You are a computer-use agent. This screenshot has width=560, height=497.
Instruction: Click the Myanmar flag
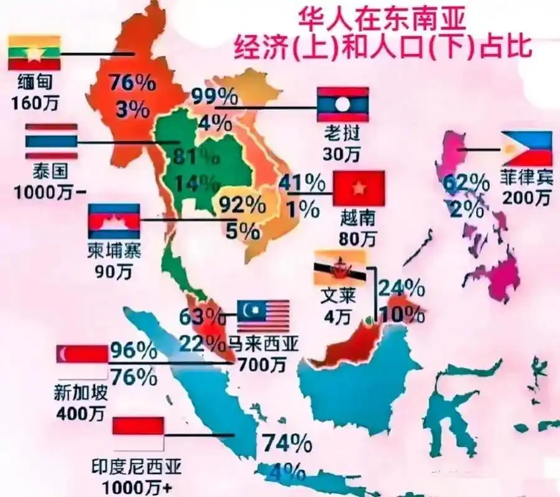pos(34,53)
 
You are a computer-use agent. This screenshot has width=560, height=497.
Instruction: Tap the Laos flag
pos(343,104)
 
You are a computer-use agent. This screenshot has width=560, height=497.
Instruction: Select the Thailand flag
pos(51,142)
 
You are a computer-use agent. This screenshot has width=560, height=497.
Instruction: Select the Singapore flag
pos(81,362)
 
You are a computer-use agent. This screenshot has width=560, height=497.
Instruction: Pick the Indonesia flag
pos(138,434)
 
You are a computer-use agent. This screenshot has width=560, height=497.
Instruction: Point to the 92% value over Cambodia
pos(240,204)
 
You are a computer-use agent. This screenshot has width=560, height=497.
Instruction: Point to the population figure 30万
pos(342,150)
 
